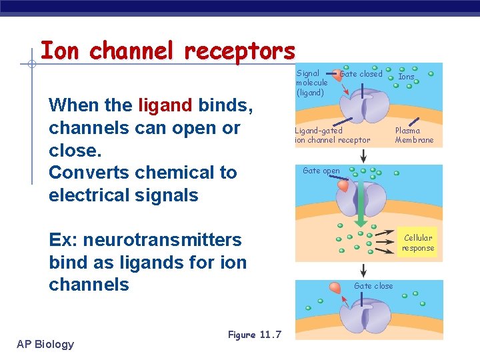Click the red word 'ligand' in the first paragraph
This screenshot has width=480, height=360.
(166, 105)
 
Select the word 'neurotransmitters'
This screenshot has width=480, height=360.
(162, 239)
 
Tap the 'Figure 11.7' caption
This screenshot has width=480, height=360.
(255, 335)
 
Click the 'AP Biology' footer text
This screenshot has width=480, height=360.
(45, 344)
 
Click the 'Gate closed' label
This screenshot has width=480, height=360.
(361, 74)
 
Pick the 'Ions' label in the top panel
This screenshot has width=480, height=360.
(406, 77)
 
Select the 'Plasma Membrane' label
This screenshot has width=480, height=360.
(414, 135)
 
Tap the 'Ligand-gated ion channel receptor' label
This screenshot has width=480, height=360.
(333, 135)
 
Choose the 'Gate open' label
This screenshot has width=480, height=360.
(321, 171)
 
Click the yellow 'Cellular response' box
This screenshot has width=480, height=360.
(418, 243)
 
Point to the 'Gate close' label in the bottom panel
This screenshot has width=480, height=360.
(373, 286)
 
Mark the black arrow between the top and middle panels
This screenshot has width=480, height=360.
(363, 156)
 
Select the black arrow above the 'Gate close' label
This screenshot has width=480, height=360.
(363, 270)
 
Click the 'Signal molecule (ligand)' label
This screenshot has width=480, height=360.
(311, 83)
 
